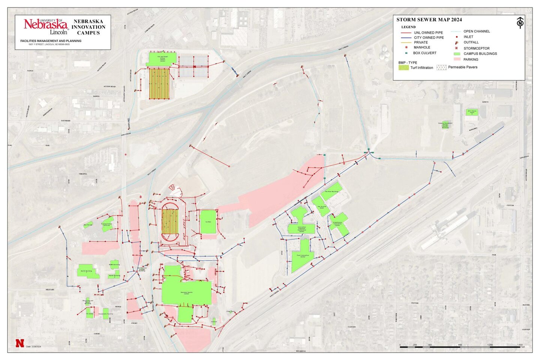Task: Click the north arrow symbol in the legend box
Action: point(520,22)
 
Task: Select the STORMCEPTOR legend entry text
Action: point(476,48)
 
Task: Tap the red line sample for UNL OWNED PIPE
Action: point(406,33)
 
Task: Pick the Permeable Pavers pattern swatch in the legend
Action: point(441,67)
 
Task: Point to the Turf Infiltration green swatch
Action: point(403,68)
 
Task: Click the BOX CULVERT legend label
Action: point(424,53)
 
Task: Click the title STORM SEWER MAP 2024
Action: point(429,20)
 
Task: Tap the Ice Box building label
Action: point(208,222)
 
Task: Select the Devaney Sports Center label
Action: point(186,292)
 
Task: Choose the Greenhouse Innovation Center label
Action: point(337,224)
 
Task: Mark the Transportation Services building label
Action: point(106,224)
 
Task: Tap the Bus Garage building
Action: point(88,225)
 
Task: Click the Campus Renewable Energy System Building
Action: point(445,125)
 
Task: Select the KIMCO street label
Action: point(485,102)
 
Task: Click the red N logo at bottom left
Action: point(19,343)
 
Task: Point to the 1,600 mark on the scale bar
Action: point(520,345)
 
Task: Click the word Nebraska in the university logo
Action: point(45,25)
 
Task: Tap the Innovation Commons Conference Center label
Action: point(301,229)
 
